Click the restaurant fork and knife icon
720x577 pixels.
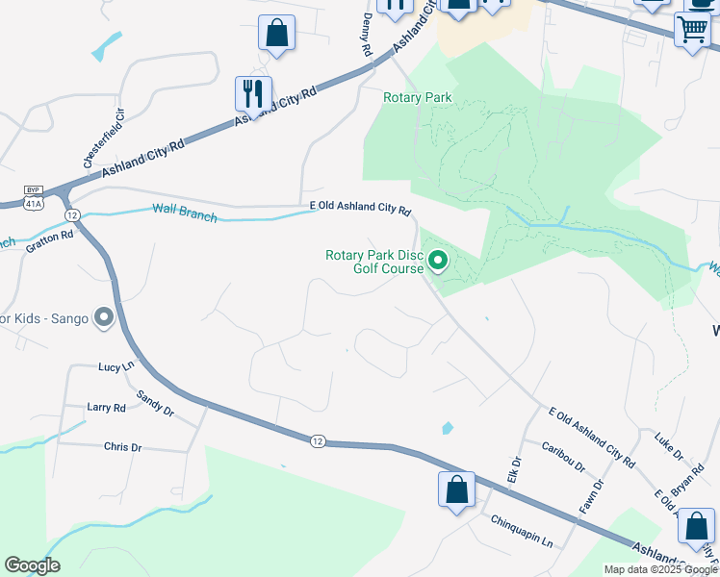(253, 93)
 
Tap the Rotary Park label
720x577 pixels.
(417, 97)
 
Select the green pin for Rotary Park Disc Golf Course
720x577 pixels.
(438, 260)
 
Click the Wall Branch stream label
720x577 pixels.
(185, 213)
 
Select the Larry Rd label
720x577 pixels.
(106, 408)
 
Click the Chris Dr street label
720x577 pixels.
(122, 447)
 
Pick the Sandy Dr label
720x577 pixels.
(154, 403)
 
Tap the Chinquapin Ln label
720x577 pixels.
(522, 532)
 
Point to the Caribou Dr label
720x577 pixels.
(562, 455)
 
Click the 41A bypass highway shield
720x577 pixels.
(34, 197)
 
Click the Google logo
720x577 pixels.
(32, 564)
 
